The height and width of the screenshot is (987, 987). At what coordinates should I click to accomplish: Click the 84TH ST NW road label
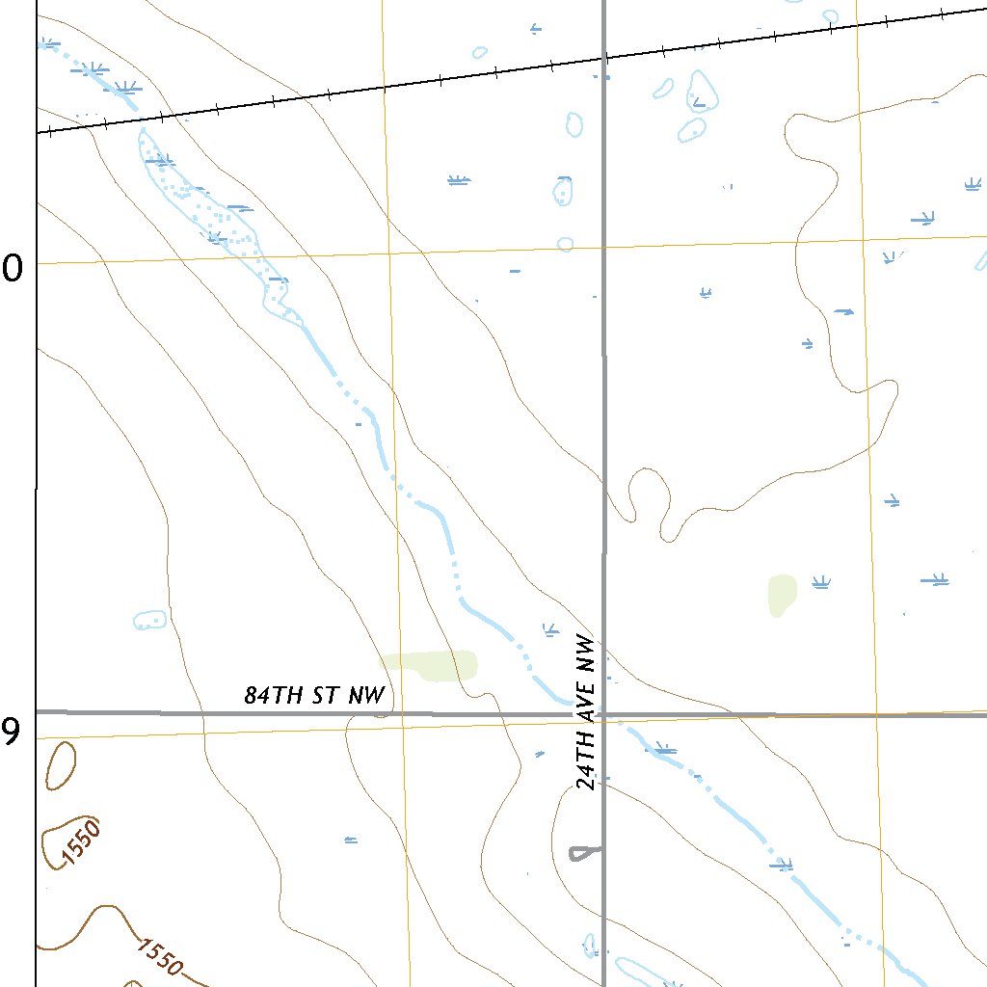[314, 695]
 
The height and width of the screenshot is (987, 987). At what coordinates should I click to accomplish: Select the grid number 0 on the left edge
[13, 270]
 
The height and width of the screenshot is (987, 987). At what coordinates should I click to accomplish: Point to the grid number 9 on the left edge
[10, 733]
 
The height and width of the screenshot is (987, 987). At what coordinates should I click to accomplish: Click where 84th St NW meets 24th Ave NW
[603, 714]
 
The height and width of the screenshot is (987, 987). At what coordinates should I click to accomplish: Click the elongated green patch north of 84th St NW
[430, 665]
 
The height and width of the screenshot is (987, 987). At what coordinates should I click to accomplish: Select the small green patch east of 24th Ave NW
[782, 594]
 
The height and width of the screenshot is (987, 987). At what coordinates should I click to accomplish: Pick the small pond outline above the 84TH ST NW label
[150, 620]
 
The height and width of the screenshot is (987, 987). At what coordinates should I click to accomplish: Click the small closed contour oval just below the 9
[60, 766]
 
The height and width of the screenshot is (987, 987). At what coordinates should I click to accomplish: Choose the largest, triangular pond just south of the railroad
[703, 92]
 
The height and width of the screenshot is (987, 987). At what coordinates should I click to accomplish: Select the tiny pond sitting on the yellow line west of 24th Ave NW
[566, 244]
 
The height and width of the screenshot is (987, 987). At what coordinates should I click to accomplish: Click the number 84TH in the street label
[270, 696]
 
